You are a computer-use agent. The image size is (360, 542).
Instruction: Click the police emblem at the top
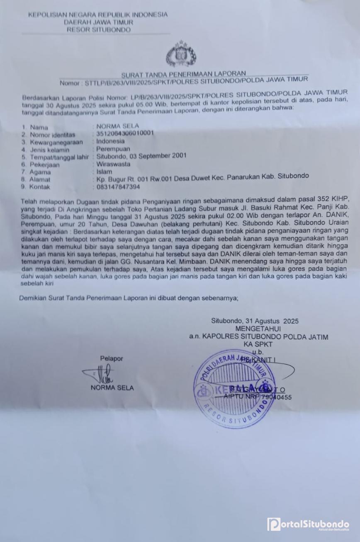click(x=181, y=54)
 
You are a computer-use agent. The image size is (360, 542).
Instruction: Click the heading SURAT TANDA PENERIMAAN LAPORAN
click(x=183, y=74)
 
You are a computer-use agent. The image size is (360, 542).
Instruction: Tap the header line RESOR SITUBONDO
click(x=98, y=30)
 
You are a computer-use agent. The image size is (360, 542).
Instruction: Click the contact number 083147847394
click(x=118, y=187)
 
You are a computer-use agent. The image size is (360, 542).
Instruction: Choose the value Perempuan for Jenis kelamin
click(x=113, y=148)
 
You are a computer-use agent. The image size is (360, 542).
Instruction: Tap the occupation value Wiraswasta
click(x=113, y=164)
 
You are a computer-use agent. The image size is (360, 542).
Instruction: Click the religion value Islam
click(x=104, y=171)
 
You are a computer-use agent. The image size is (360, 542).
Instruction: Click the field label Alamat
click(x=40, y=179)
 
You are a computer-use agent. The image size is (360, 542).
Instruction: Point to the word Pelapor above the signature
click(x=111, y=358)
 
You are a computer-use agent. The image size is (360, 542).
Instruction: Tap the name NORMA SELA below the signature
click(x=112, y=388)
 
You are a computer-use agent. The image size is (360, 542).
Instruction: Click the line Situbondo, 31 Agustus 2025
click(x=255, y=321)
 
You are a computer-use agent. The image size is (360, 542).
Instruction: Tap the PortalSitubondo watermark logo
click(x=308, y=524)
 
